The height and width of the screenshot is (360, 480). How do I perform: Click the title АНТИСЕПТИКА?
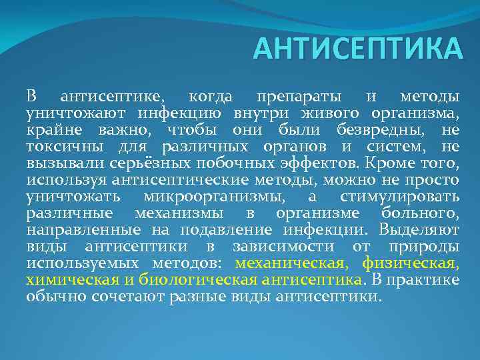357,49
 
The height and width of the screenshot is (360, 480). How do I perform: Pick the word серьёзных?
136,163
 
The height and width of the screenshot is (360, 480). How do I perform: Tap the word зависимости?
295,246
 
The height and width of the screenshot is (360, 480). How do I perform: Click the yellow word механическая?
288,263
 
